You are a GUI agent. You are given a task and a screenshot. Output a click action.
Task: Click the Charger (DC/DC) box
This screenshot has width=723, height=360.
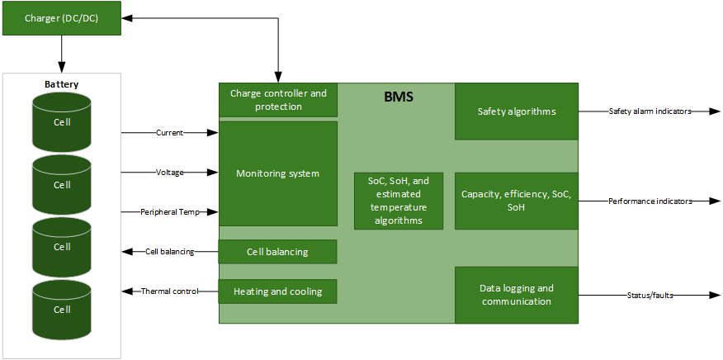pos(62,18)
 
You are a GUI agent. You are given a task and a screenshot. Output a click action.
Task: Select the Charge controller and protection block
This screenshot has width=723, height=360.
pos(278,100)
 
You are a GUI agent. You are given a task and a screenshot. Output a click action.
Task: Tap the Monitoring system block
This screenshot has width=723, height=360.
pos(278,173)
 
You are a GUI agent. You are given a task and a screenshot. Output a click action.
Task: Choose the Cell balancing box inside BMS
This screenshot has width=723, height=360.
pos(277,252)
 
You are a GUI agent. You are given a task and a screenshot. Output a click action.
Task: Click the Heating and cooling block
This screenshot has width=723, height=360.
pos(277,291)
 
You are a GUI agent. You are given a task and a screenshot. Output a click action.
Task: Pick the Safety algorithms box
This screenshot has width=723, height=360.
pos(517,111)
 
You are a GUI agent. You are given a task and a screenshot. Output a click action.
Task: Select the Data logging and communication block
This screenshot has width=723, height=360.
pos(517,295)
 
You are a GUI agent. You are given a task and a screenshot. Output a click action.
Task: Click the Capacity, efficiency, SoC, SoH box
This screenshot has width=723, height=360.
pos(517,201)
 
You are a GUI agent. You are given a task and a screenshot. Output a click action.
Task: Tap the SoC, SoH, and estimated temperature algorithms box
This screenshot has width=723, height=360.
pos(398,201)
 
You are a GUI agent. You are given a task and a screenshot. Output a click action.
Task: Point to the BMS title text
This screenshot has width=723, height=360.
pos(399,97)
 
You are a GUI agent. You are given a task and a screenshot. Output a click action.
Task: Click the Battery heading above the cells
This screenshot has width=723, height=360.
pos(62,84)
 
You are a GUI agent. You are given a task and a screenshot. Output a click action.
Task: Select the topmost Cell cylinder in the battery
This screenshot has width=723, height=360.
pos(63,122)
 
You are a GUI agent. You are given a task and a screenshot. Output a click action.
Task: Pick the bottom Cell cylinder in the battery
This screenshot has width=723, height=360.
pos(63,309)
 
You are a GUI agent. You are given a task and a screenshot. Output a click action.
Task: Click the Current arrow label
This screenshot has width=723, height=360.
pos(169,132)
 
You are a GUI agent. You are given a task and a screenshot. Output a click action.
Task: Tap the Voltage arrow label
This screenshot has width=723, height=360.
pos(169,172)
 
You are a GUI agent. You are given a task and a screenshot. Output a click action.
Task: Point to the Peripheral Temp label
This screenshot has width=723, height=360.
pos(169,212)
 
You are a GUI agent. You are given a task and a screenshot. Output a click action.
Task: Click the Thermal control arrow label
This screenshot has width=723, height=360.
pos(169,291)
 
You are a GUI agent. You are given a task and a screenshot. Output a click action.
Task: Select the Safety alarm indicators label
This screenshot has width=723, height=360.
pos(650,111)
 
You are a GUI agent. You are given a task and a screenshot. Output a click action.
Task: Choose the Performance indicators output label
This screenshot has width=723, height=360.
pos(650,201)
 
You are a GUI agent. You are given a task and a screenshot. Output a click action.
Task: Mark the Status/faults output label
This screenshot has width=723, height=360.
pos(650,295)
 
